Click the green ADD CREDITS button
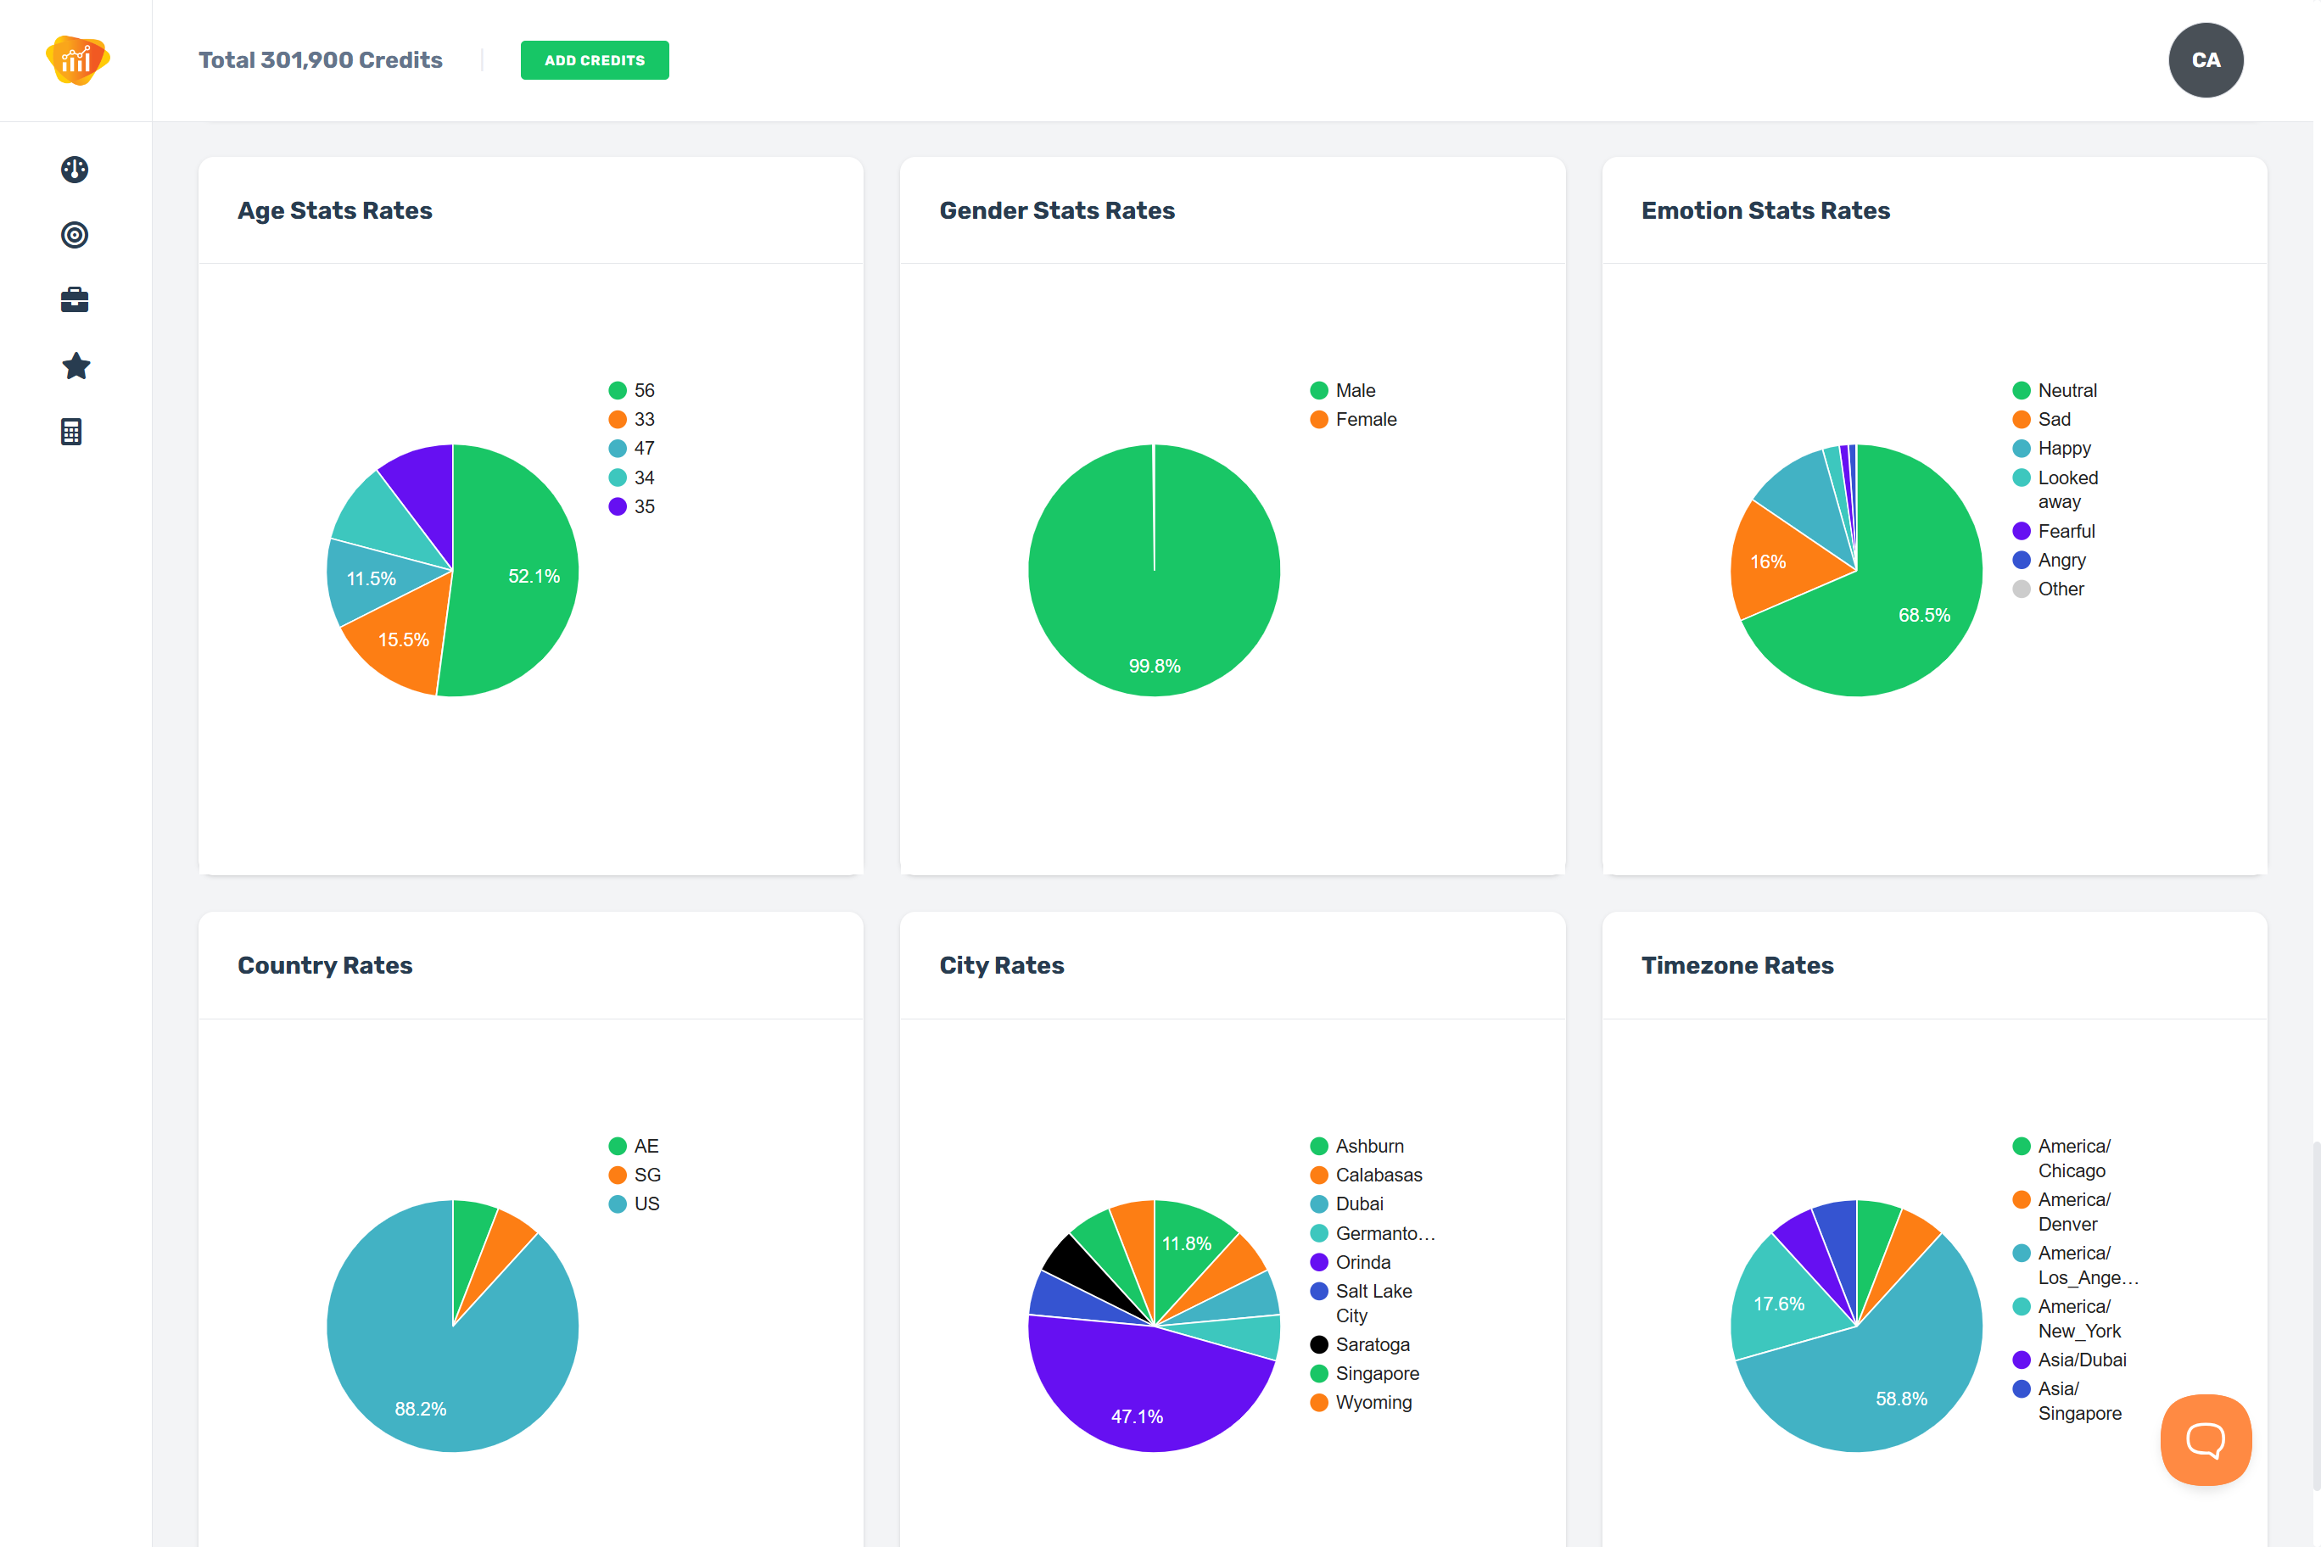coord(594,60)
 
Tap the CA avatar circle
coord(2205,60)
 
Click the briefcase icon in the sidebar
coord(75,300)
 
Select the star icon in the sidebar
coord(75,366)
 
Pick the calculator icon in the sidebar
coord(72,433)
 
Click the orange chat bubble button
coord(2205,1439)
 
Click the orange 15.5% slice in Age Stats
coord(400,642)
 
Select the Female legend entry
coord(1365,419)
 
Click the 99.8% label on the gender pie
coord(1154,666)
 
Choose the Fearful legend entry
coord(2066,531)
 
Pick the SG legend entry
coord(646,1175)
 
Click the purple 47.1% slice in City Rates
coord(1140,1401)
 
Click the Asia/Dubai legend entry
coord(2081,1360)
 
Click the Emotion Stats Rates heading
coord(1765,210)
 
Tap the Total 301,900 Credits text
coord(321,60)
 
